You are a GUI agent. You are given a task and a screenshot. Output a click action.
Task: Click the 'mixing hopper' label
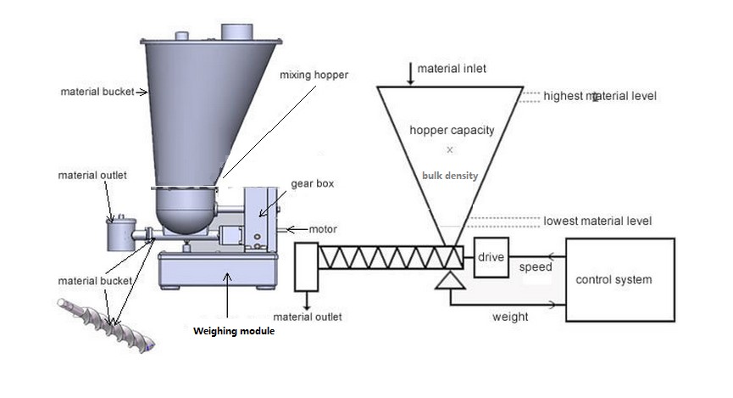tap(314, 75)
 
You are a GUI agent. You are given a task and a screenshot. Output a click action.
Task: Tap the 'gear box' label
tap(313, 183)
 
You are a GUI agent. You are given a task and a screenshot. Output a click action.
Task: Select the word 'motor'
tap(323, 229)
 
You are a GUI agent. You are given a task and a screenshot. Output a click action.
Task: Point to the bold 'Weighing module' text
tap(234, 331)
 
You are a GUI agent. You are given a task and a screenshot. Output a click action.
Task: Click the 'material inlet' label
tap(452, 69)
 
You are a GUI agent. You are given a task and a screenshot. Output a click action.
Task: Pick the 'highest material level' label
tap(600, 96)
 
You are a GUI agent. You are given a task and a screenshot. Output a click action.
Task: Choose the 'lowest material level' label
tap(597, 221)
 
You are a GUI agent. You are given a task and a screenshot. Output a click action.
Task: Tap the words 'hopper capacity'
tap(452, 130)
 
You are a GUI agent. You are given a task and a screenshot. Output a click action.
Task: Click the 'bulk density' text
tap(450, 176)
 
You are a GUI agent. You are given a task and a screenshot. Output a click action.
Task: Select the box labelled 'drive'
tap(491, 257)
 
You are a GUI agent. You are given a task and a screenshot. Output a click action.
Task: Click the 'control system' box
tap(619, 280)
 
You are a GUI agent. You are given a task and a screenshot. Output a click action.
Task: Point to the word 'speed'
tap(536, 267)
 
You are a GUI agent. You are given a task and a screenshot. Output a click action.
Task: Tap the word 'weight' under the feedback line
tap(510, 317)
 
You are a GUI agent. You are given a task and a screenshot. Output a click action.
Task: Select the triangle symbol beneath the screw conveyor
tap(450, 280)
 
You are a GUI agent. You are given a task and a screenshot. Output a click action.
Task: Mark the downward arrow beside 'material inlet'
tap(410, 74)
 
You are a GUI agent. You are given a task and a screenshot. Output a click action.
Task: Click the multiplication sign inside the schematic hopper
tap(450, 150)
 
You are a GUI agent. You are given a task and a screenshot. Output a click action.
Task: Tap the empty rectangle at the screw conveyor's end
tap(307, 267)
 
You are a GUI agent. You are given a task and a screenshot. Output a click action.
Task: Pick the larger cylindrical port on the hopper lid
tap(237, 32)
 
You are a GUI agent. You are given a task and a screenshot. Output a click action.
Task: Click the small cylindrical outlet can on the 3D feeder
tap(121, 234)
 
